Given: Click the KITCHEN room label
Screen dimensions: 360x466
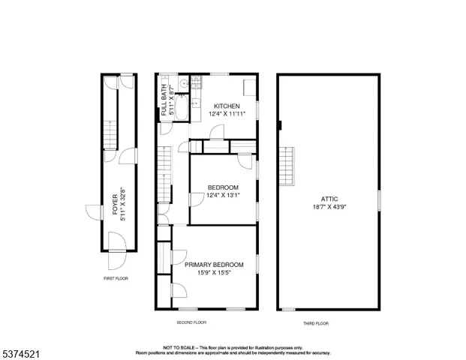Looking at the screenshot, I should pos(226,106).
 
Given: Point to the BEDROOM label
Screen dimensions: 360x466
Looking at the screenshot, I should pos(223,187).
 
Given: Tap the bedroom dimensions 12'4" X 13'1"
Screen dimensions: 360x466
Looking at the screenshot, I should pos(223,195).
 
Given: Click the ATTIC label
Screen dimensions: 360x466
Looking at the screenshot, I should pos(331,199).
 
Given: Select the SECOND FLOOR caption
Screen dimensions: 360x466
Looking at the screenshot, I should pos(191,322).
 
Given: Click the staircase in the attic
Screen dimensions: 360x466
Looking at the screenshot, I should pos(286,164).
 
